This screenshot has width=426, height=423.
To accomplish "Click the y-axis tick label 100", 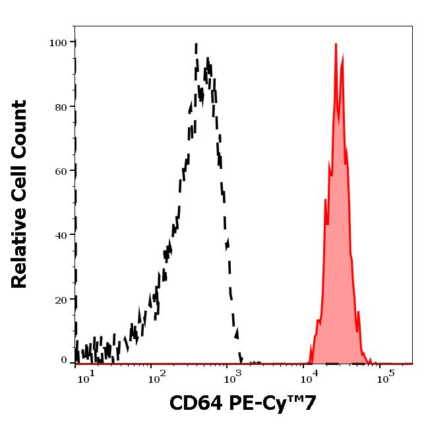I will pyautogui.click(x=58, y=43).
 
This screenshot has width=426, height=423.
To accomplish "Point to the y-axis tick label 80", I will pyautogui.click(x=61, y=107).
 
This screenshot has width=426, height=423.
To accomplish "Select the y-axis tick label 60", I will pyautogui.click(x=61, y=171).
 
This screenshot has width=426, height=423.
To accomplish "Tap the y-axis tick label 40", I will pyautogui.click(x=61, y=235).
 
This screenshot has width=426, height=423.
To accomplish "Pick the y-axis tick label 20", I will pyautogui.click(x=61, y=299).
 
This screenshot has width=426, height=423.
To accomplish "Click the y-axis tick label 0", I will pyautogui.click(x=64, y=360).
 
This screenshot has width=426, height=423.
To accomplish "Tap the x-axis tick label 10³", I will pyautogui.click(x=231, y=377).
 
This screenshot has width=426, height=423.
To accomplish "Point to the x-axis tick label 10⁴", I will pyautogui.click(x=307, y=377).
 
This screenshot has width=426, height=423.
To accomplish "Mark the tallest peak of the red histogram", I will pyautogui.click(x=336, y=45).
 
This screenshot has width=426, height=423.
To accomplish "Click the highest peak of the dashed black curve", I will pyautogui.click(x=197, y=45).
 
